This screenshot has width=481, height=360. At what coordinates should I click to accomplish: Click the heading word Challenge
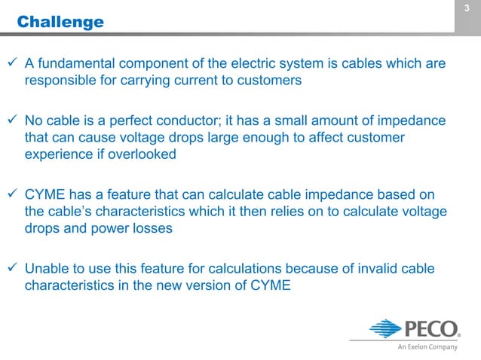point(60,22)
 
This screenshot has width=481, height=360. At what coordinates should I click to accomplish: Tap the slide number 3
point(467,8)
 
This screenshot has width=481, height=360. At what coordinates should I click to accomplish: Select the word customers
point(268,81)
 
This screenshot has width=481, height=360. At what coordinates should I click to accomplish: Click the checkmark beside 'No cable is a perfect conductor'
point(11,121)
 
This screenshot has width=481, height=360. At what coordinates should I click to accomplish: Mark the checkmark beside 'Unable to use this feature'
point(11,268)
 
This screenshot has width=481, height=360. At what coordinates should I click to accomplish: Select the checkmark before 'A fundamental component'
point(11,64)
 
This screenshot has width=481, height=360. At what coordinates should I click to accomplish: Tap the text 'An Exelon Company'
point(427,347)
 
